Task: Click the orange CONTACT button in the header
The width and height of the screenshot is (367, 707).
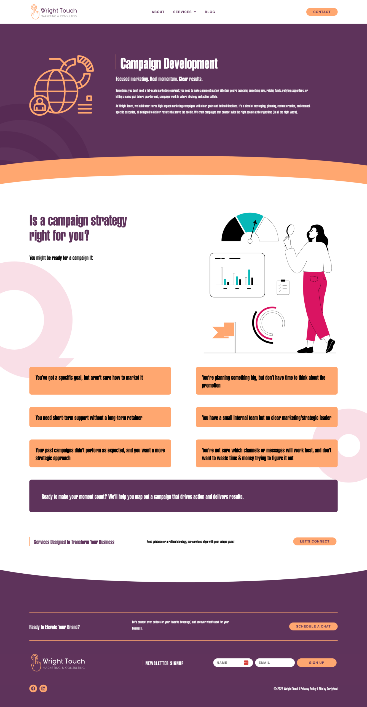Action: [322, 12]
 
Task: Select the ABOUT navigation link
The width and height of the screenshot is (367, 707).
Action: [158, 12]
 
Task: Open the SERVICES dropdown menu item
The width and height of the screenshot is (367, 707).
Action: [184, 12]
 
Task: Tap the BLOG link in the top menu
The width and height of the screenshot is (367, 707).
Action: [210, 12]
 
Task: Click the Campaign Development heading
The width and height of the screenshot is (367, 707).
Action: [169, 64]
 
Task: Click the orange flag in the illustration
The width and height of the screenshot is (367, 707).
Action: [223, 330]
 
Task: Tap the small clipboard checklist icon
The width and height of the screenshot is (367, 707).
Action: [283, 287]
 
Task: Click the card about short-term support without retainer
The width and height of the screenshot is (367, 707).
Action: [100, 417]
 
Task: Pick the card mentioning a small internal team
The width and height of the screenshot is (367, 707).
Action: [267, 417]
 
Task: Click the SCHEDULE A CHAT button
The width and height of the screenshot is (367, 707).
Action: [313, 626]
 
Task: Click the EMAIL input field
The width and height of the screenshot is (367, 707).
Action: [275, 663]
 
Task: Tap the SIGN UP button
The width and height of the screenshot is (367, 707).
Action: [317, 663]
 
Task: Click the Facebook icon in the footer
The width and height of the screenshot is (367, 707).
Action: [33, 688]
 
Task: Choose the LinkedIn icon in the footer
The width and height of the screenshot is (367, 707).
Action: [43, 688]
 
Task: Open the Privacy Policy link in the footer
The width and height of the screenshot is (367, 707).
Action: [308, 689]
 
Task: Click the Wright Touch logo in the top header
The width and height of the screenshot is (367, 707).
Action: [54, 12]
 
